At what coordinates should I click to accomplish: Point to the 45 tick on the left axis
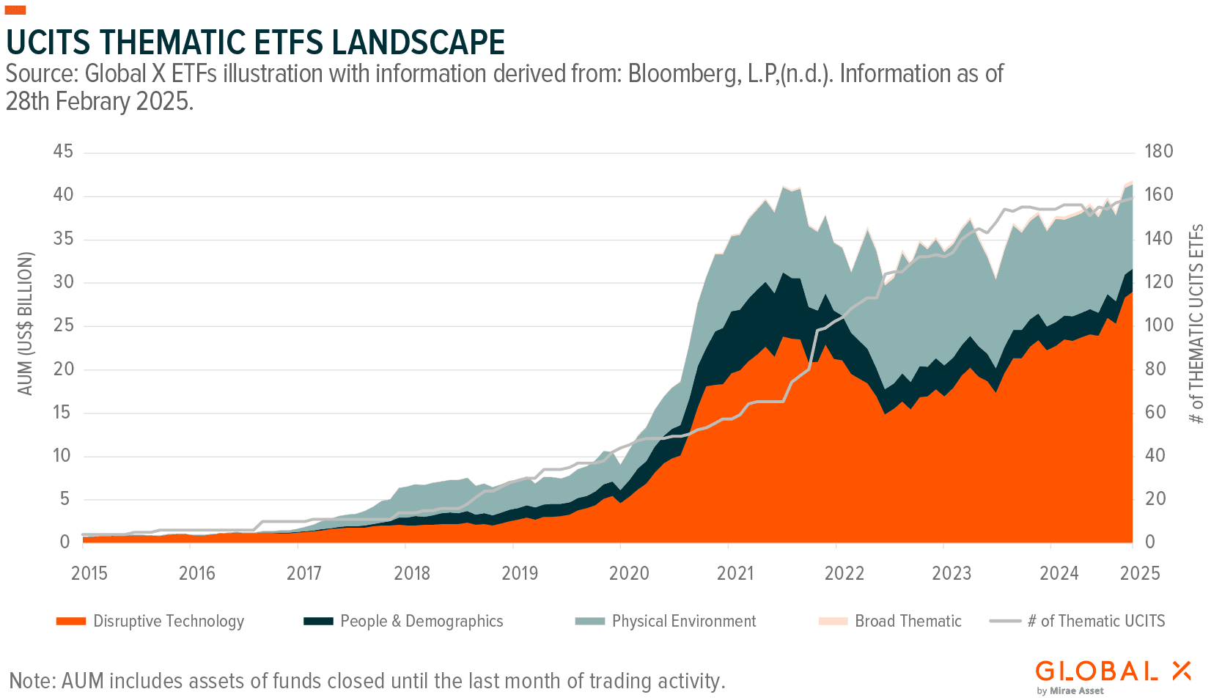tap(63, 152)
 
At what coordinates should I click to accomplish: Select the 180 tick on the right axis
tap(1158, 152)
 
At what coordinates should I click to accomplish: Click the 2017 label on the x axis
tap(304, 573)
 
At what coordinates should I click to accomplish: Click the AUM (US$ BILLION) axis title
tap(26, 323)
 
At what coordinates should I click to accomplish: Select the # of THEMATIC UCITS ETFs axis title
tap(1196, 323)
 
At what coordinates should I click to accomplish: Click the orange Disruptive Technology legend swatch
tap(71, 622)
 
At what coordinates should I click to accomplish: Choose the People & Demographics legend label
tap(422, 622)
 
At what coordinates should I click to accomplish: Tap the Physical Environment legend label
tap(683, 622)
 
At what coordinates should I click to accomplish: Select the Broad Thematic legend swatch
tap(833, 622)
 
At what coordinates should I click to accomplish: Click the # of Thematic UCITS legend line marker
tap(1004, 622)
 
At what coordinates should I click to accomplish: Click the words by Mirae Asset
tap(1070, 690)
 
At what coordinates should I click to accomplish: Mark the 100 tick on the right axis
tap(1158, 325)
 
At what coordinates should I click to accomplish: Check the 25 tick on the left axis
tap(63, 325)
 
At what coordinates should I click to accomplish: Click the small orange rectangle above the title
tap(15, 10)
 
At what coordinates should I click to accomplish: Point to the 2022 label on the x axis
tap(844, 573)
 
